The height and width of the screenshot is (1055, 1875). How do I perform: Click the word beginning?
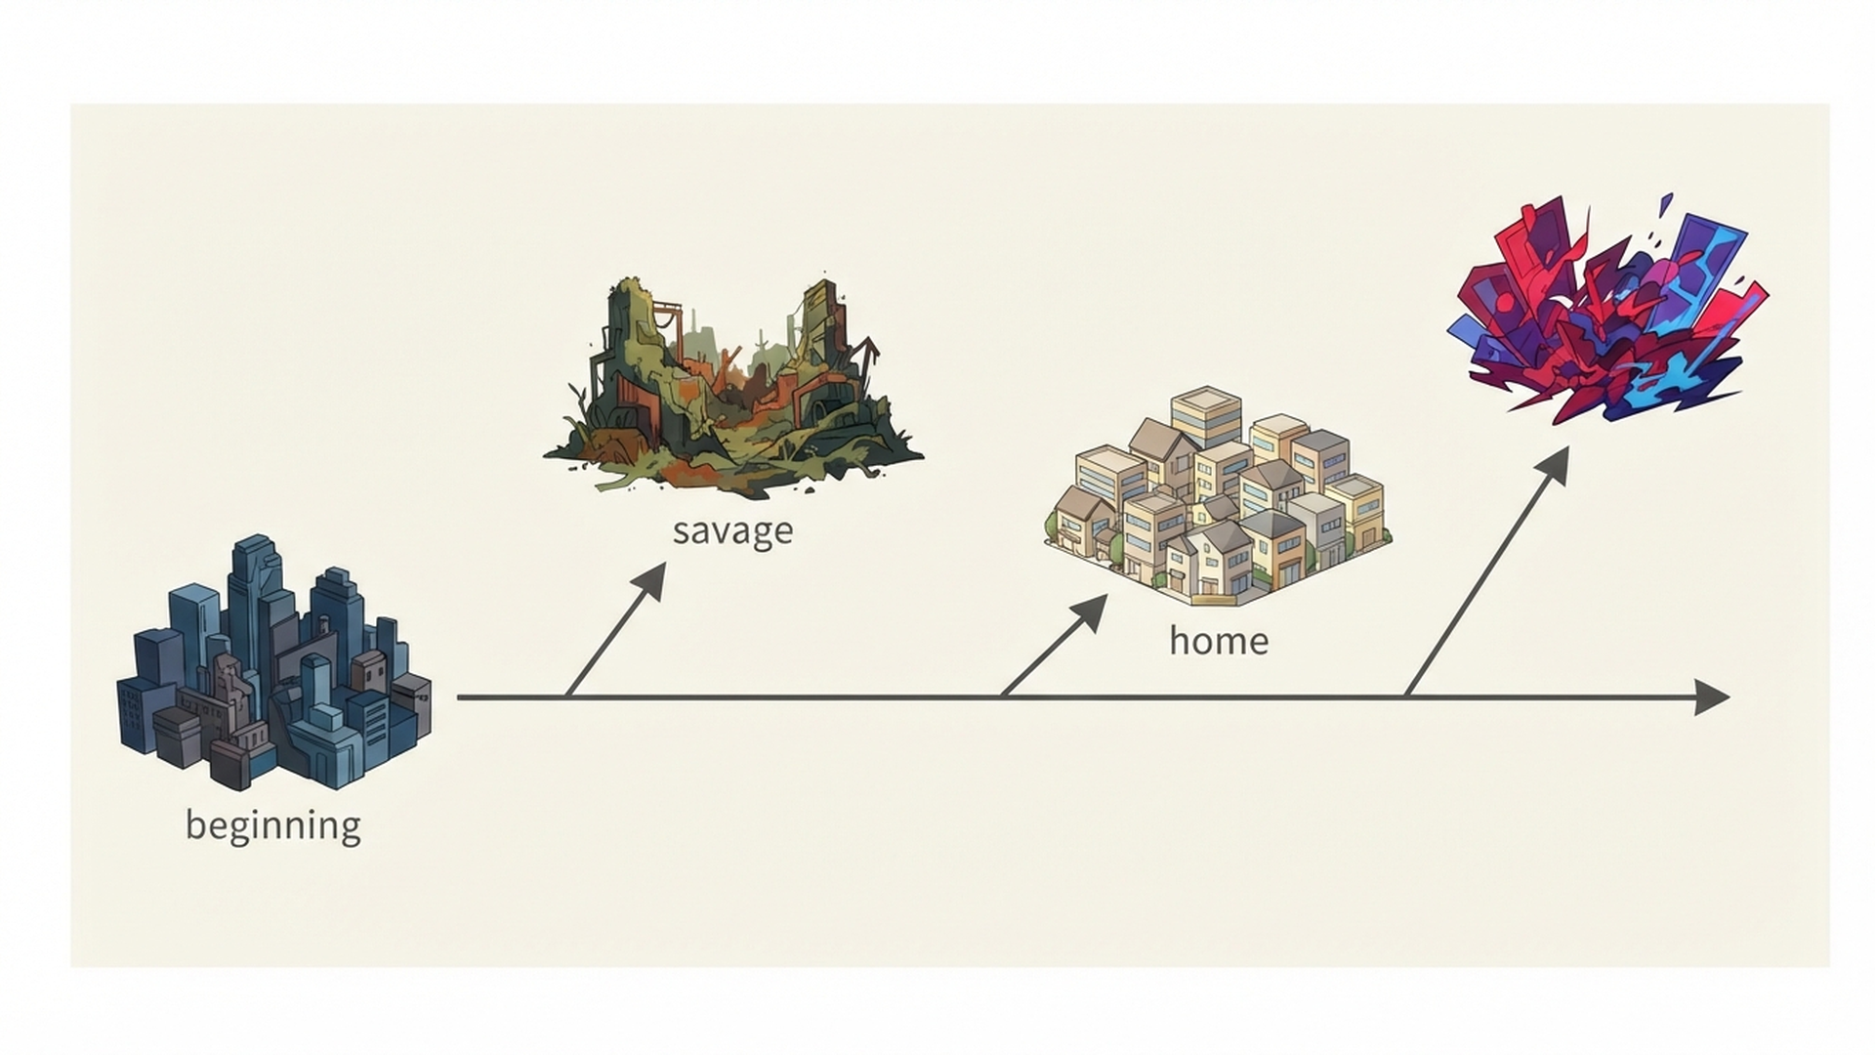[273, 826]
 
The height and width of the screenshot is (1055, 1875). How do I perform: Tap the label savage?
[732, 531]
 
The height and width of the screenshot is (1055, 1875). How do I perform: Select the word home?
[1219, 641]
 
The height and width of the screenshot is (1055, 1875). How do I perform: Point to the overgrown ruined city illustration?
[732, 386]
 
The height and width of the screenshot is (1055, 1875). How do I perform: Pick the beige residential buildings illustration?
[1218, 495]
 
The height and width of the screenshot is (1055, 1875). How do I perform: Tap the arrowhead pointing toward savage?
[649, 579]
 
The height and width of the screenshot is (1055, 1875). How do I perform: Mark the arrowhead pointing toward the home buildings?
[1089, 611]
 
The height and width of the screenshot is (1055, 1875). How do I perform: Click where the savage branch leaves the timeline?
[567, 697]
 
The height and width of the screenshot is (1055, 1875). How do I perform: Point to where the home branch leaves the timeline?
[1003, 697]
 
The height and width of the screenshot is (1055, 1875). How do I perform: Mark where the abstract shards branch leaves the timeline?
[1406, 697]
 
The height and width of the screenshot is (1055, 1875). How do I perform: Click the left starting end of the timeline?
[458, 697]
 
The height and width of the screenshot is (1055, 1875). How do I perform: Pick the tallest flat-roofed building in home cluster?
[1206, 417]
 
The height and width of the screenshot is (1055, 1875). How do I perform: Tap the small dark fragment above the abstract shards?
[1664, 205]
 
